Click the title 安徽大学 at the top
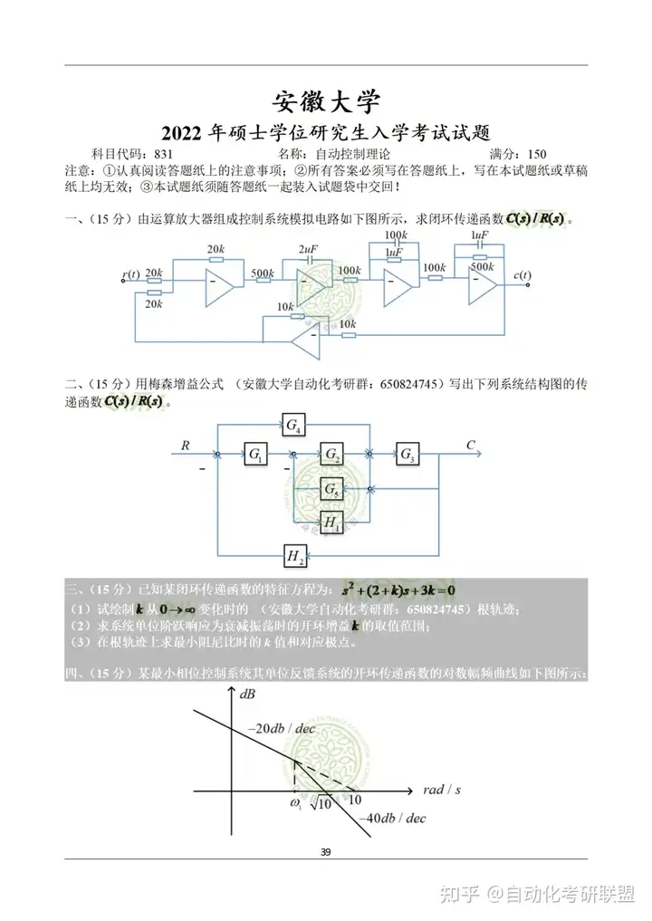click(x=326, y=100)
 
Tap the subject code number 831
click(x=164, y=154)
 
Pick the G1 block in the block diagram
click(x=254, y=454)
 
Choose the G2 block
click(x=332, y=454)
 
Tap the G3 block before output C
click(x=408, y=454)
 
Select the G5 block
click(x=332, y=490)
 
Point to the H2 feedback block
click(x=293, y=555)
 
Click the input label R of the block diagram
click(x=186, y=445)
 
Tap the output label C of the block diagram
click(x=471, y=445)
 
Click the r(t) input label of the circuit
click(x=131, y=274)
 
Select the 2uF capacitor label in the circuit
click(x=307, y=249)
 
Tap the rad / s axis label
click(x=442, y=790)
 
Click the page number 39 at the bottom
click(x=326, y=851)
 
